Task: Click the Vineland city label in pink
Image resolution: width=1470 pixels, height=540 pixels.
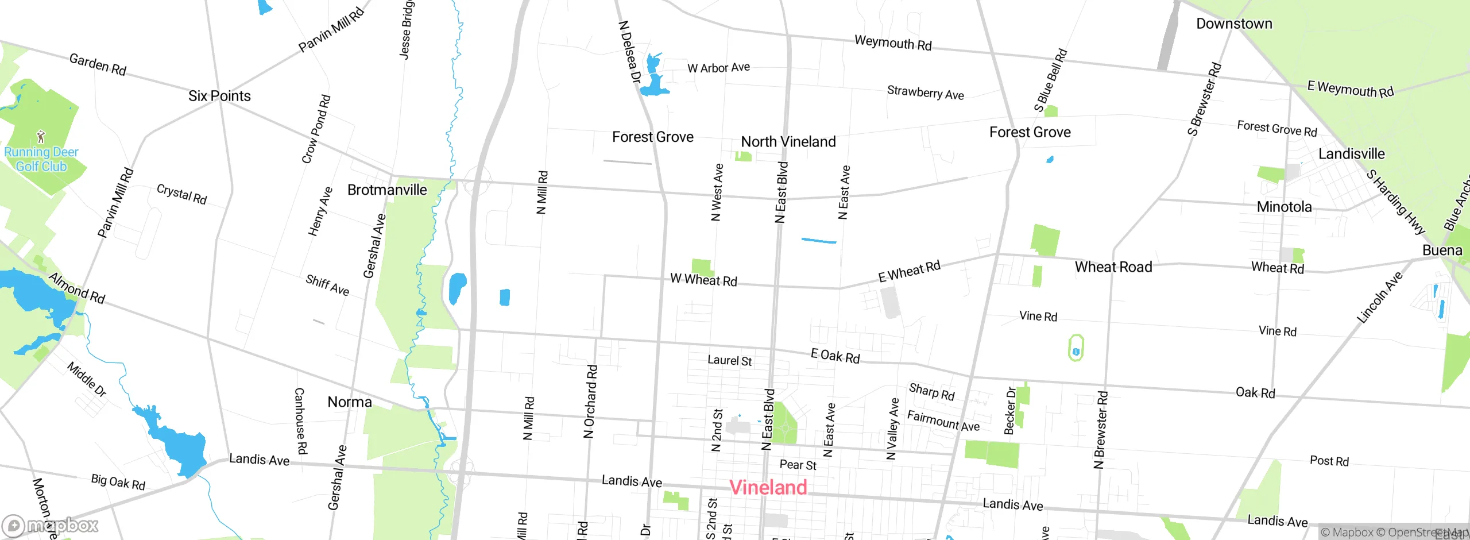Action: [x=768, y=488]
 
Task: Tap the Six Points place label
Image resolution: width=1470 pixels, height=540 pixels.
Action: [x=219, y=96]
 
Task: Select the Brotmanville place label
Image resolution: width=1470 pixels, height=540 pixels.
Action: [x=387, y=190]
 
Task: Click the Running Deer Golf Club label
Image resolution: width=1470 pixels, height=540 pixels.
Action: [x=41, y=160]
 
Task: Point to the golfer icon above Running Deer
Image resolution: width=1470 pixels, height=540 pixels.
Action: [x=41, y=137]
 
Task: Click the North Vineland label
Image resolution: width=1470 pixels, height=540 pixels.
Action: [x=788, y=142]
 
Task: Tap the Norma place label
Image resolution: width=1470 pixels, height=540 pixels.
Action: [x=350, y=402]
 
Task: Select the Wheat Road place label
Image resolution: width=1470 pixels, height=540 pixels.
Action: [x=1113, y=267]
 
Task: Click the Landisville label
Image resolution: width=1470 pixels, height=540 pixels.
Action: [x=1351, y=154]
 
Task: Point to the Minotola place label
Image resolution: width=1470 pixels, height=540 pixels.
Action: [x=1284, y=207]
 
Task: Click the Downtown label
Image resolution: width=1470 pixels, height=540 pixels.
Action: [x=1234, y=24]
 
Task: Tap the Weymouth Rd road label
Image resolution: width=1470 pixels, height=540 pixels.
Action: [x=893, y=43]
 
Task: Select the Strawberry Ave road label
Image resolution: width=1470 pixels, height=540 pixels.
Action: [x=925, y=92]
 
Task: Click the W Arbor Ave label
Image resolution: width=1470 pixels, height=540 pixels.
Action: [x=718, y=68]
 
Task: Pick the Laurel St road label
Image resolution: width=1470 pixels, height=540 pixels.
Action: [x=729, y=361]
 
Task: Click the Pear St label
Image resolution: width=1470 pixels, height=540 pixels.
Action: [x=798, y=465]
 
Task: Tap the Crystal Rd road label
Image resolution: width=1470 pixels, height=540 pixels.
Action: [x=181, y=194]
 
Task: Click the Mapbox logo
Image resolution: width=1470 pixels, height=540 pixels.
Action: [x=51, y=526]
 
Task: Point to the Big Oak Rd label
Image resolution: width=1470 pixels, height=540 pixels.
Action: [x=118, y=482]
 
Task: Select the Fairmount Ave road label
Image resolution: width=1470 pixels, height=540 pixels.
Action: [x=943, y=421]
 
